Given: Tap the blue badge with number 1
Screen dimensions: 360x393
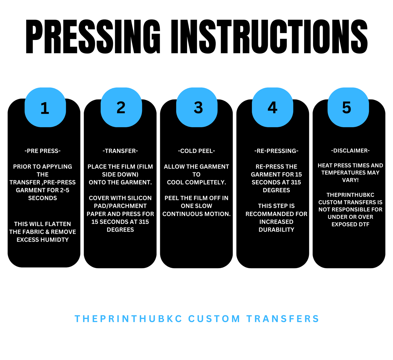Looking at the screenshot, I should click(x=45, y=107).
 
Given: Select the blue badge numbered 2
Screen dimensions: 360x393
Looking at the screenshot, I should click(x=121, y=107).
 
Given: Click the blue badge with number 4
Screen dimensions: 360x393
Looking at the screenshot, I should click(x=273, y=107).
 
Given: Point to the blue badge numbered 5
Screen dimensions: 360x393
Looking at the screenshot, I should click(x=348, y=107).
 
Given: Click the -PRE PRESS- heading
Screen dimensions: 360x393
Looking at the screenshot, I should click(x=43, y=151).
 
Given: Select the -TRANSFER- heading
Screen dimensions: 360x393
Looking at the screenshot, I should click(x=120, y=151).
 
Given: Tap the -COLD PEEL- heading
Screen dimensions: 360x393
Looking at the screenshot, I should click(x=196, y=151).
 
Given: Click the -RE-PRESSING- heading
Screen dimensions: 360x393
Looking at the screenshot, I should click(x=276, y=151).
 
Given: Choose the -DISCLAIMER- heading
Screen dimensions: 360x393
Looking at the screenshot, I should click(x=350, y=151).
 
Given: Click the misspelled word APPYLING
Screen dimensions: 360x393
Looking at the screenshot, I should click(x=57, y=167).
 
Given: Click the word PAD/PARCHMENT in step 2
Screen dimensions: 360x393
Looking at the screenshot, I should click(x=120, y=206).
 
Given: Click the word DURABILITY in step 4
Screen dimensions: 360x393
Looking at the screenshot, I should click(x=276, y=230).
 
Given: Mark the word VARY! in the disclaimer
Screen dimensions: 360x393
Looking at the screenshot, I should click(x=350, y=180).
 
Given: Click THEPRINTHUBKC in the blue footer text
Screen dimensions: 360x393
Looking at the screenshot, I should click(x=128, y=319).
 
